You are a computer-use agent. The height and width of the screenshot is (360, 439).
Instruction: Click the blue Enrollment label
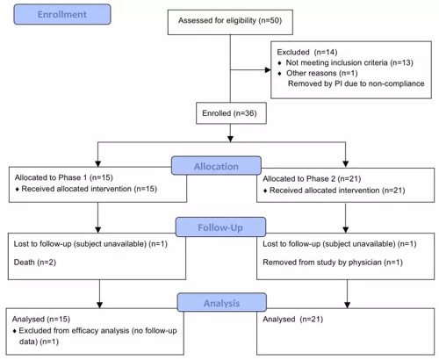click(x=62, y=14)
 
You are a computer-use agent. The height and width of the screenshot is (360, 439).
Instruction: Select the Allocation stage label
click(x=216, y=166)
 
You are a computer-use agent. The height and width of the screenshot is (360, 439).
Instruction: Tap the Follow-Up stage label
click(x=220, y=227)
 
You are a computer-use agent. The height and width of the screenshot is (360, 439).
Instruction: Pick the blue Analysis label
click(x=222, y=303)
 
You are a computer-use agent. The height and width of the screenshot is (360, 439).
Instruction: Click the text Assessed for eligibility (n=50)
click(x=230, y=20)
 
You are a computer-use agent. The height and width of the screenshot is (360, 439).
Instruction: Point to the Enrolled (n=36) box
click(x=231, y=113)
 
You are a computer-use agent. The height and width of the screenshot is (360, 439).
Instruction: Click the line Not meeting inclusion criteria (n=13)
click(x=349, y=62)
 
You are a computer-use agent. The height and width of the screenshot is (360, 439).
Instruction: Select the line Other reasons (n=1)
click(x=322, y=73)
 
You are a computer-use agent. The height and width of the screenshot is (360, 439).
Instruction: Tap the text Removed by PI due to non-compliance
click(x=356, y=83)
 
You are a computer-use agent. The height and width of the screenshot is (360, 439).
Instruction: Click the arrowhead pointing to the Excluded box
click(x=268, y=70)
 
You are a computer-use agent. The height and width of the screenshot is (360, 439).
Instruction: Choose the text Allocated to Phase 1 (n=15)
click(x=64, y=177)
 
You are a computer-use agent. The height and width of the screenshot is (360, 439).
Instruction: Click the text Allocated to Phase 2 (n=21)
click(x=312, y=179)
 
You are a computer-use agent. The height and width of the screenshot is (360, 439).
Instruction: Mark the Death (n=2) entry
click(x=35, y=263)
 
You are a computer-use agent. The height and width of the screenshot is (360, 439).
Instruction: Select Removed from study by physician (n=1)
click(x=333, y=263)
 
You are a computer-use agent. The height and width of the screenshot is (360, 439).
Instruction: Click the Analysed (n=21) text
click(x=293, y=319)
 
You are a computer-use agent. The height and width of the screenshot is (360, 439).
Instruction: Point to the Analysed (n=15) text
click(x=41, y=319)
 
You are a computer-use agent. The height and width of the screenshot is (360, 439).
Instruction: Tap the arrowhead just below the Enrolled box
click(x=230, y=139)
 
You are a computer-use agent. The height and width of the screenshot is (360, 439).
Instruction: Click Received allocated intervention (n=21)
click(x=337, y=191)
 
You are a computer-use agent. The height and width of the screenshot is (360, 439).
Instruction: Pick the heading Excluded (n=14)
click(x=307, y=52)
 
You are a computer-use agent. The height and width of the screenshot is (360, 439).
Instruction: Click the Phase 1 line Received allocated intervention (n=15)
click(x=90, y=189)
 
